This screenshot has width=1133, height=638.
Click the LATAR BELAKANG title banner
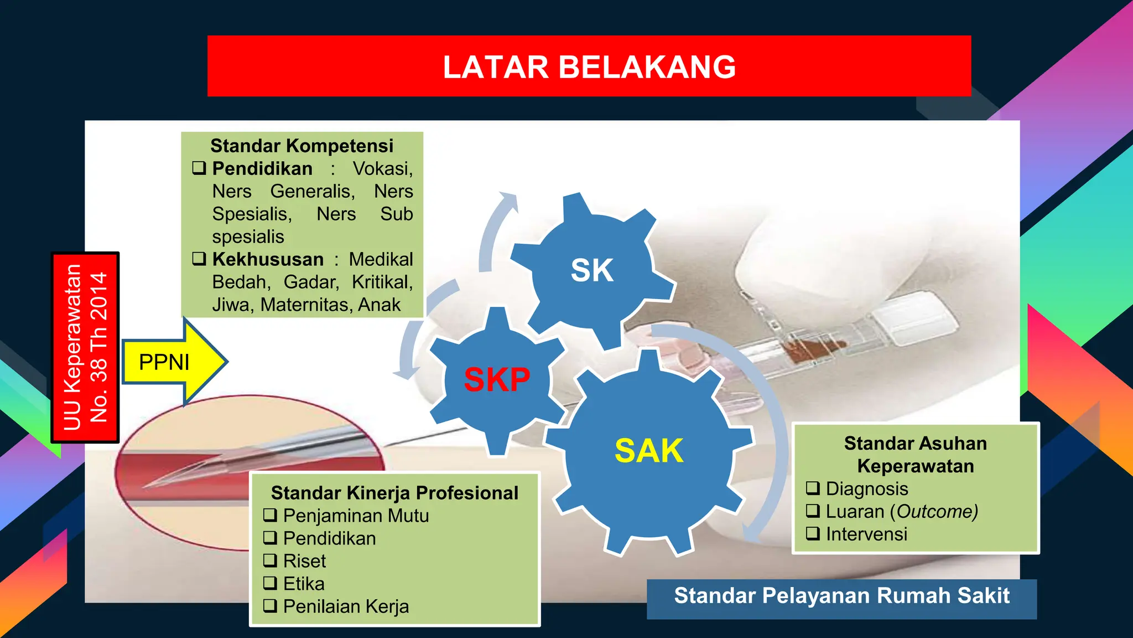[x=589, y=66]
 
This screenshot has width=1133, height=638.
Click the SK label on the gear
[x=591, y=270]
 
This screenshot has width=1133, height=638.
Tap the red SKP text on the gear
[x=496, y=380]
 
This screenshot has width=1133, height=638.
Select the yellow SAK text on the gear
[x=648, y=451]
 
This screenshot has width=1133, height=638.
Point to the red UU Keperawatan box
[x=85, y=347]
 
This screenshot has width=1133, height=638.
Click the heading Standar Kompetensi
[x=302, y=146]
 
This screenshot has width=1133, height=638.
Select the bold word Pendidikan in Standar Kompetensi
[x=262, y=168]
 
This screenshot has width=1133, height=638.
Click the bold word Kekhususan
[x=268, y=259]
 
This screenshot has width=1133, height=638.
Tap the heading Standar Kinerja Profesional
[x=394, y=493]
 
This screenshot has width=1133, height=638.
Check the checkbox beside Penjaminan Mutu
[x=270, y=515]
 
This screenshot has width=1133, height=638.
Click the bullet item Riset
[x=304, y=561]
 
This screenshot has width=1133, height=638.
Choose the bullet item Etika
[x=304, y=584]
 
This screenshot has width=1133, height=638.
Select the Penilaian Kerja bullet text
[x=346, y=606]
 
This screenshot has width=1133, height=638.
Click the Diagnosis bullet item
[x=866, y=488]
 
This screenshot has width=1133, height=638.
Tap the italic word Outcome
[x=937, y=511]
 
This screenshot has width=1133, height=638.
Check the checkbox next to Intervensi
[x=813, y=533]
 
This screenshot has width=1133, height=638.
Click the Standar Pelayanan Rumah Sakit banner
[x=841, y=596]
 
